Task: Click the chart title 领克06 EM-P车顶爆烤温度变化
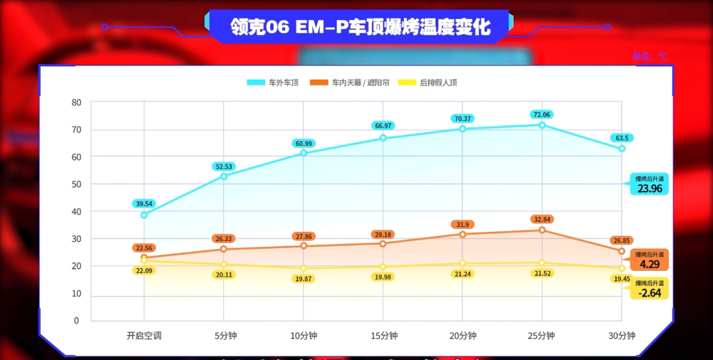360,27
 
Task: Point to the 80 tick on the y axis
77,102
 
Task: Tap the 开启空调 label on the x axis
144,336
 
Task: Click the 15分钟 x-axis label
384,336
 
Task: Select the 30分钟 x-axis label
622,336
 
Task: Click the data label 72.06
541,114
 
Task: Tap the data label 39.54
144,203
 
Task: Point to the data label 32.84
541,219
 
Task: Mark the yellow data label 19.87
304,279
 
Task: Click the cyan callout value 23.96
650,189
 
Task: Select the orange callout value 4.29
650,264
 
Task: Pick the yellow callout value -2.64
650,293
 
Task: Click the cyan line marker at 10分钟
304,153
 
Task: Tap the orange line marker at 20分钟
462,234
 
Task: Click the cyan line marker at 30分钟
622,149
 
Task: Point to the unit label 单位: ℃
650,57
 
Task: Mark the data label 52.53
224,166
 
